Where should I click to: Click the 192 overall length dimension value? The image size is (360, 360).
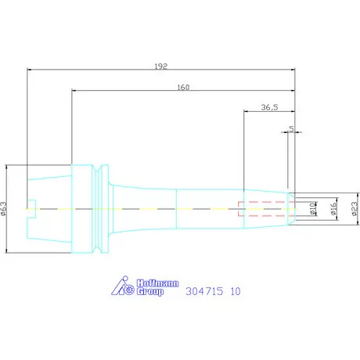[x=160, y=67]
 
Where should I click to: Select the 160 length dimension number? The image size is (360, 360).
[x=183, y=87]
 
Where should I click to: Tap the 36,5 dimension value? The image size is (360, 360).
[x=269, y=107]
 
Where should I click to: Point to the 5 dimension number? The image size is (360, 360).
[x=291, y=128]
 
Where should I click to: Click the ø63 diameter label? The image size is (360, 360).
[x=4, y=209]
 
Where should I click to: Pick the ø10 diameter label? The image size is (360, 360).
[x=312, y=209]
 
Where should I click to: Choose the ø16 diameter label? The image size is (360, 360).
[x=333, y=209]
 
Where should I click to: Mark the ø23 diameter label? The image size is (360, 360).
[x=355, y=209]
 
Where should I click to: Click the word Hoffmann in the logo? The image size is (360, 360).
[x=158, y=283]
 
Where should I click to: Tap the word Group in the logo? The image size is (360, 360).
[x=150, y=291]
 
